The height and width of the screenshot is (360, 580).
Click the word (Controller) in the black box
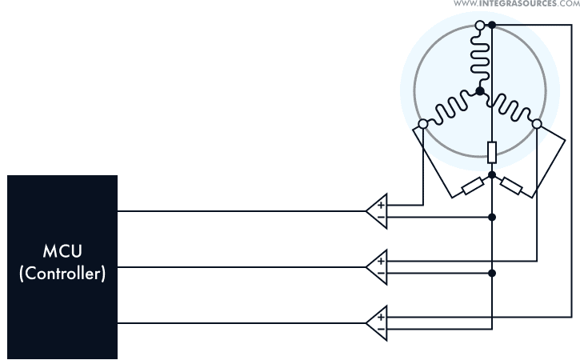[62, 274]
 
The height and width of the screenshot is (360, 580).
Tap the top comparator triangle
[378, 211]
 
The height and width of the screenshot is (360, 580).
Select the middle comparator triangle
[378, 266]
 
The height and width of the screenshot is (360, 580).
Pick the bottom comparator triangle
[378, 322]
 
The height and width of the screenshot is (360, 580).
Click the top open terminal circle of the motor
[479, 26]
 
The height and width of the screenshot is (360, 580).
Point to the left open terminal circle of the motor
[423, 124]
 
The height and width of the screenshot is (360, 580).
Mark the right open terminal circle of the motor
[537, 124]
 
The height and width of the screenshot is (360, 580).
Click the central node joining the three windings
[479, 92]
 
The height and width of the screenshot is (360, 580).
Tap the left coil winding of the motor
[450, 110]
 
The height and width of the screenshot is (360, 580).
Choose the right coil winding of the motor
[509, 108]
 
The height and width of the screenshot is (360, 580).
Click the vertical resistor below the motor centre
[491, 151]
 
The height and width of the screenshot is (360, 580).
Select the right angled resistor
[511, 186]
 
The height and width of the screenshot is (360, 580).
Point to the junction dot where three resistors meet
[491, 174]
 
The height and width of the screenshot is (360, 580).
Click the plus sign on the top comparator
[381, 206]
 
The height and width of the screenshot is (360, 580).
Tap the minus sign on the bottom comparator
[381, 327]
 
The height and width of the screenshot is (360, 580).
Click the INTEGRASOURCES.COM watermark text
[516, 4]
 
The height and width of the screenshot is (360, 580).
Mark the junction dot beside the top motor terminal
[491, 26]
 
